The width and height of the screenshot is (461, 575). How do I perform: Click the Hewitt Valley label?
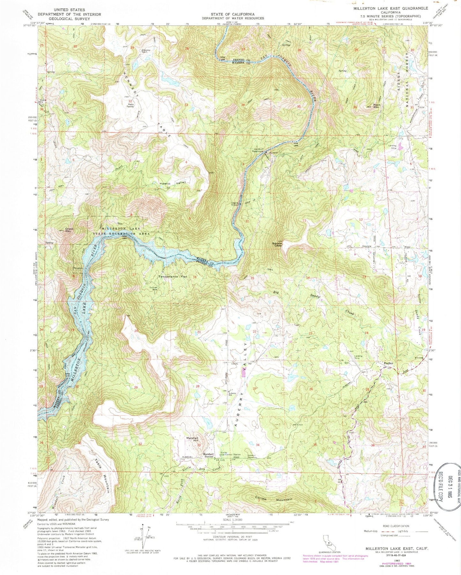click(x=173, y=183)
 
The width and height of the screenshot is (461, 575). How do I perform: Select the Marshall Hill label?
click(x=193, y=439)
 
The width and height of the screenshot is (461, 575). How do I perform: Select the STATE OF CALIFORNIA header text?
click(x=232, y=14)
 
